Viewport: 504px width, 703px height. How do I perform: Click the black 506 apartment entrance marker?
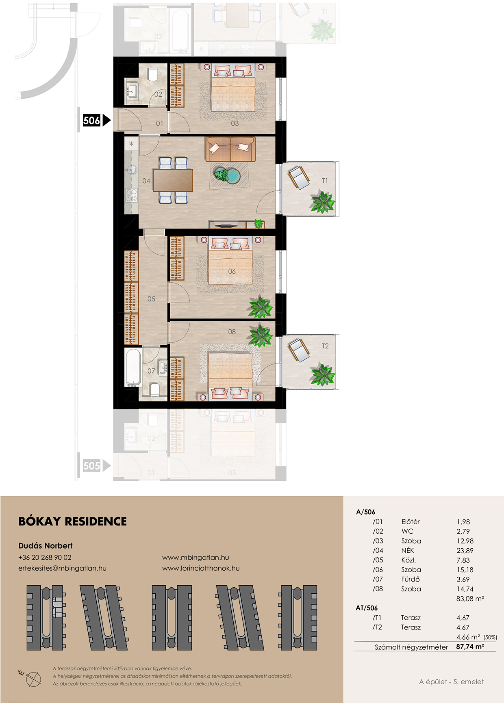pos(96,120)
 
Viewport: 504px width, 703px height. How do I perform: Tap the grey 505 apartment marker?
pos(96,465)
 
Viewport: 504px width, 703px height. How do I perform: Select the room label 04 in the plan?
pos(146,181)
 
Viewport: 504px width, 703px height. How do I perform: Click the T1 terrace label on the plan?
pos(325,181)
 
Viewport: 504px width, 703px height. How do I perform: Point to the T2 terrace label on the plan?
pos(325,346)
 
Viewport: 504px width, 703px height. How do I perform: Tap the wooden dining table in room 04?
pos(173,180)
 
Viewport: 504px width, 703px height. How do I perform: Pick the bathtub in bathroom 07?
pos(133,367)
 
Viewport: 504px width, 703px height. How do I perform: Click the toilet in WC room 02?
pos(153,75)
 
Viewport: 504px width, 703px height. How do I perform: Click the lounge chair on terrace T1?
pos(299,177)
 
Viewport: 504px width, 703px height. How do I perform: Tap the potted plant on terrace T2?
pos(323,374)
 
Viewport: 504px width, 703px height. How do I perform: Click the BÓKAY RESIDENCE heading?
pos(73,521)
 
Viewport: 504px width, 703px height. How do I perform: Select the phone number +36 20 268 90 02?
pos(45,558)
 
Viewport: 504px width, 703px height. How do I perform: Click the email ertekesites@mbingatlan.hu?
pos(62,568)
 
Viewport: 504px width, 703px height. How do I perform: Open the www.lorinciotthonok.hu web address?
pos(201,568)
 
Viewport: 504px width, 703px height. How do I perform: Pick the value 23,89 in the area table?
pos(465,551)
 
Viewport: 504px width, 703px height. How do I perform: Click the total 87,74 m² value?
pos(470,647)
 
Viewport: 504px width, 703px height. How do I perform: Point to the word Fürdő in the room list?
pos(411,579)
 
